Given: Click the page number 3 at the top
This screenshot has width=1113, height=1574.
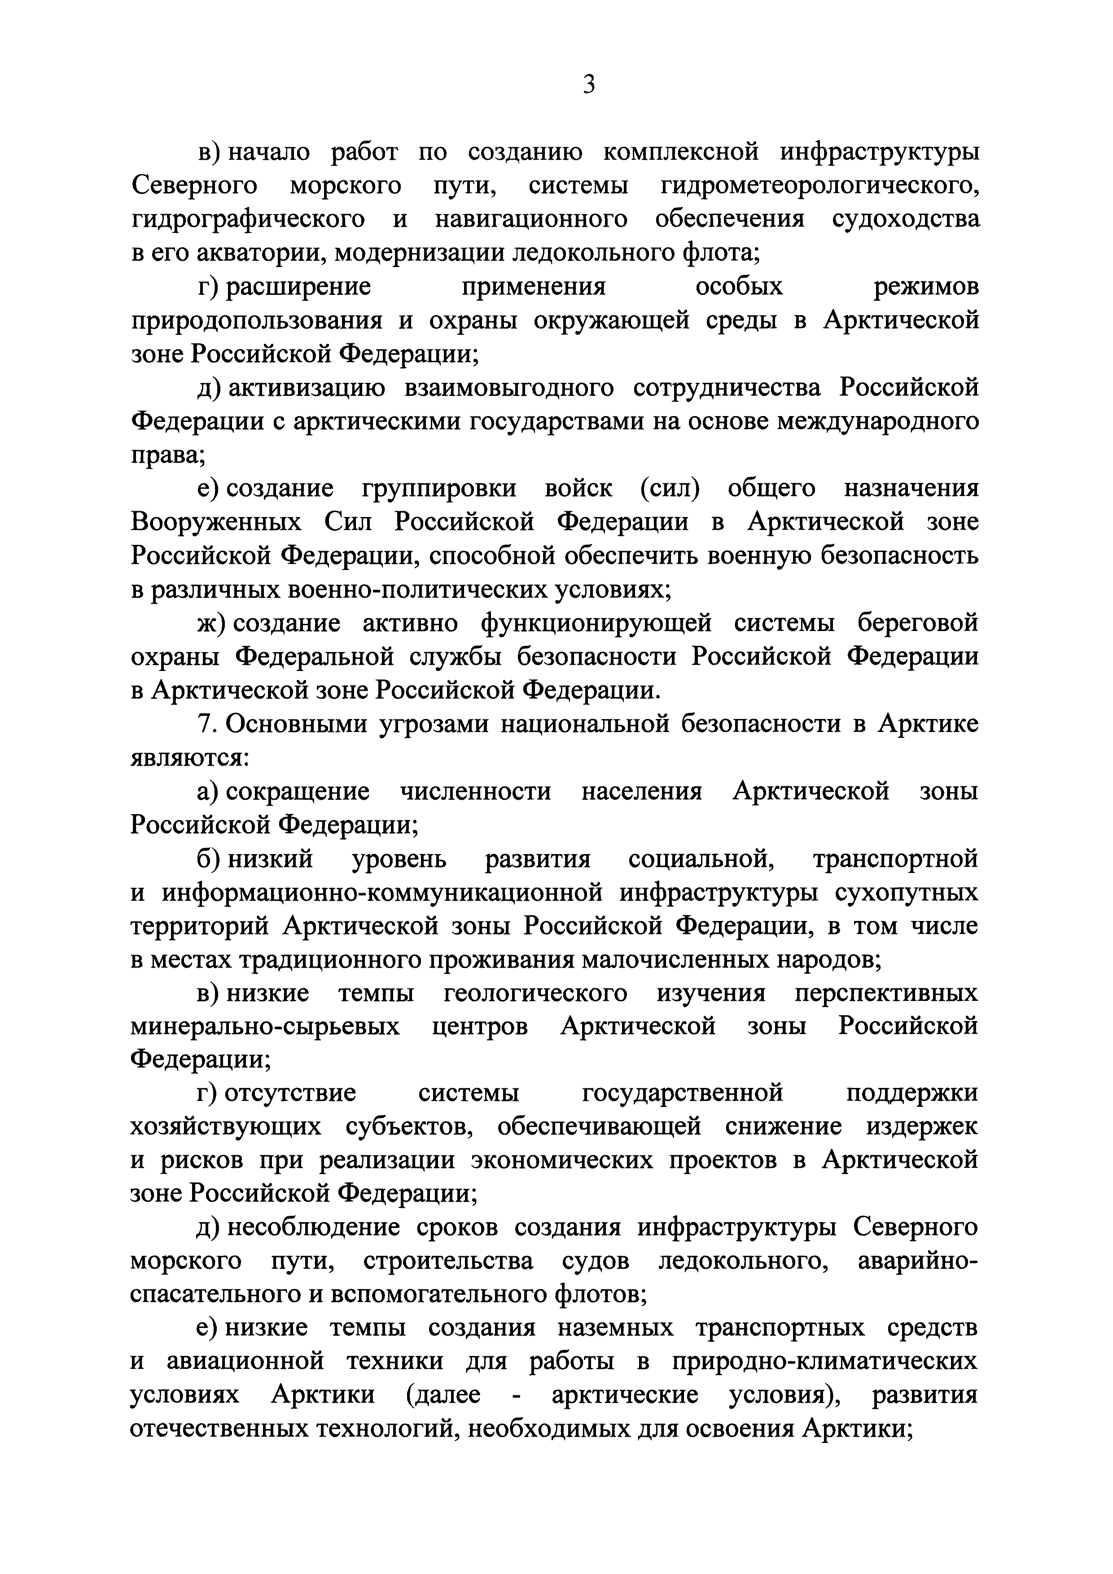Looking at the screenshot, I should pyautogui.click(x=588, y=84).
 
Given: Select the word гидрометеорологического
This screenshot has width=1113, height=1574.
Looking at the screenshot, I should pyautogui.click(x=819, y=186).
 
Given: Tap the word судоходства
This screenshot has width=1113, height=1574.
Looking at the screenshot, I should pyautogui.click(x=905, y=219).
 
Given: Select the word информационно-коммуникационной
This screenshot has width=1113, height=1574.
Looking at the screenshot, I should pyautogui.click(x=383, y=893).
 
